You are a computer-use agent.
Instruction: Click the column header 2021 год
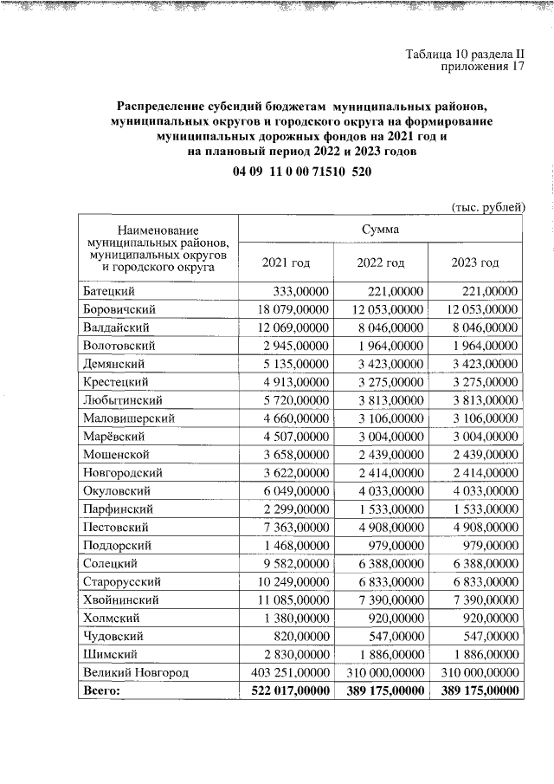tap(286, 262)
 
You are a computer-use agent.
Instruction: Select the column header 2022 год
tap(381, 262)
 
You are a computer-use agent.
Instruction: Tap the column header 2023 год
tap(475, 262)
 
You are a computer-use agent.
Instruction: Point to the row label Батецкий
tap(115, 292)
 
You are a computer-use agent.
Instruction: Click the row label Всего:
tap(102, 690)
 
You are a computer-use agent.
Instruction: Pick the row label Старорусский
tap(122, 581)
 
